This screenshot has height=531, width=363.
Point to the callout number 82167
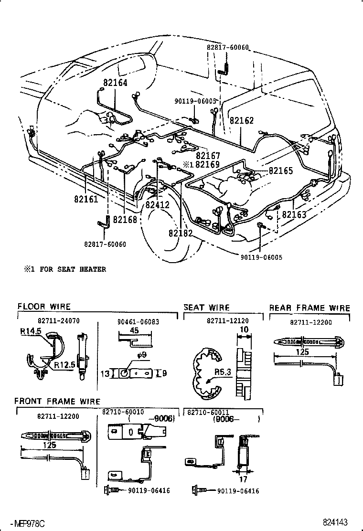click(x=208, y=156)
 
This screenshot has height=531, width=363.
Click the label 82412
click(x=158, y=205)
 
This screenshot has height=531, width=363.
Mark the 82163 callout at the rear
click(x=294, y=214)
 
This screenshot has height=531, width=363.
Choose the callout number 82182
click(x=181, y=233)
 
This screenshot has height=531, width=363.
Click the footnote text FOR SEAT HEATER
click(x=73, y=269)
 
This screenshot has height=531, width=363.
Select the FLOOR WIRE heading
click(x=44, y=307)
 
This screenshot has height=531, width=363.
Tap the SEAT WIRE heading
click(x=206, y=308)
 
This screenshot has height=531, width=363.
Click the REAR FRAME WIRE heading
click(x=310, y=308)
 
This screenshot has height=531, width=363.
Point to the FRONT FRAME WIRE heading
click(x=57, y=401)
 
